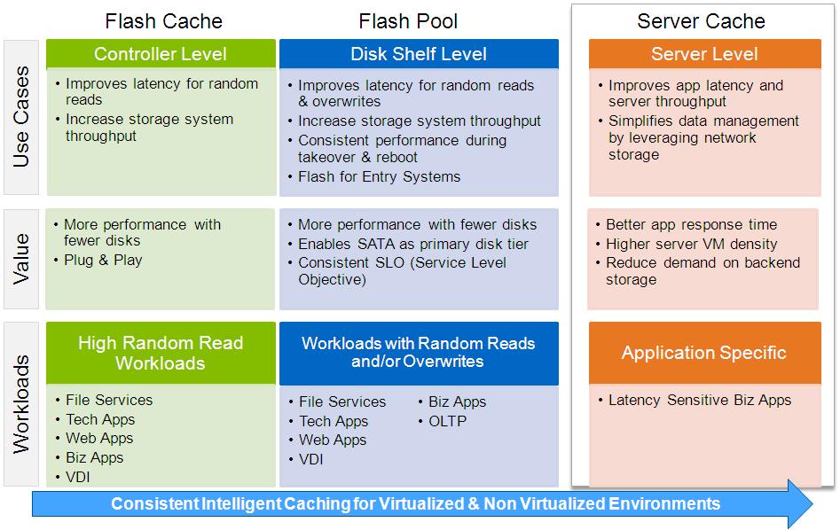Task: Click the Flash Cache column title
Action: (163, 20)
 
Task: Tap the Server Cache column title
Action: (701, 21)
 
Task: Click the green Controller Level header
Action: (161, 54)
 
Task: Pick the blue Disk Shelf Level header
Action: (419, 54)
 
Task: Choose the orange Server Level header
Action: (704, 54)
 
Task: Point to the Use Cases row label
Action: (21, 117)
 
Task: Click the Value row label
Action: (21, 259)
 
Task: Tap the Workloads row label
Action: (21, 404)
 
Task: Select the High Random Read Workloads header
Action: (161, 353)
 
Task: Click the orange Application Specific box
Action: (704, 353)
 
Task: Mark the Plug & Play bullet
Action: (103, 261)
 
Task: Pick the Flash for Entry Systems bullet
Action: (379, 176)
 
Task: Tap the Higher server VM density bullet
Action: (691, 244)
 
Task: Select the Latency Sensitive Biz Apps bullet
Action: (699, 401)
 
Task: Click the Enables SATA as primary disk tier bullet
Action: (412, 244)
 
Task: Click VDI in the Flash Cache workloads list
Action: (78, 477)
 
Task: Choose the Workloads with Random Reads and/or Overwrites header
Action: (419, 353)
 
